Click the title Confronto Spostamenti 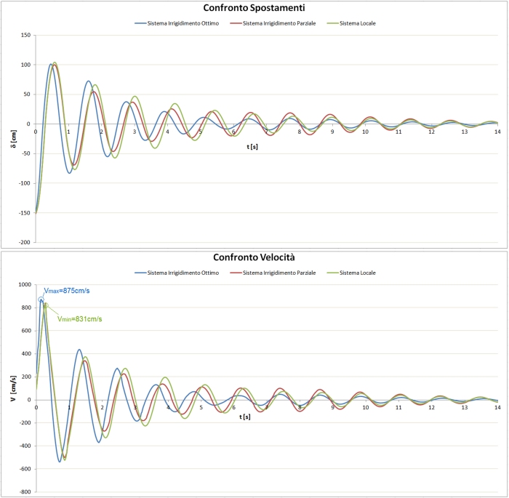254,9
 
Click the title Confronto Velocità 254,257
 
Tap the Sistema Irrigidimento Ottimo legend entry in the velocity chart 177,273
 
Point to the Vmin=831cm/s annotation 80,318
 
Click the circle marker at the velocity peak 41,300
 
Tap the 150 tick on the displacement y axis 25,35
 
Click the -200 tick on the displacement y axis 23,242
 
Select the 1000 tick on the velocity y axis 24,284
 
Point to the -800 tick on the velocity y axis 24,491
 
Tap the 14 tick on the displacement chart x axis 497,131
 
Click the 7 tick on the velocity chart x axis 267,406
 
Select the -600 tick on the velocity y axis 24,468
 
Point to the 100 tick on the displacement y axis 25,65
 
